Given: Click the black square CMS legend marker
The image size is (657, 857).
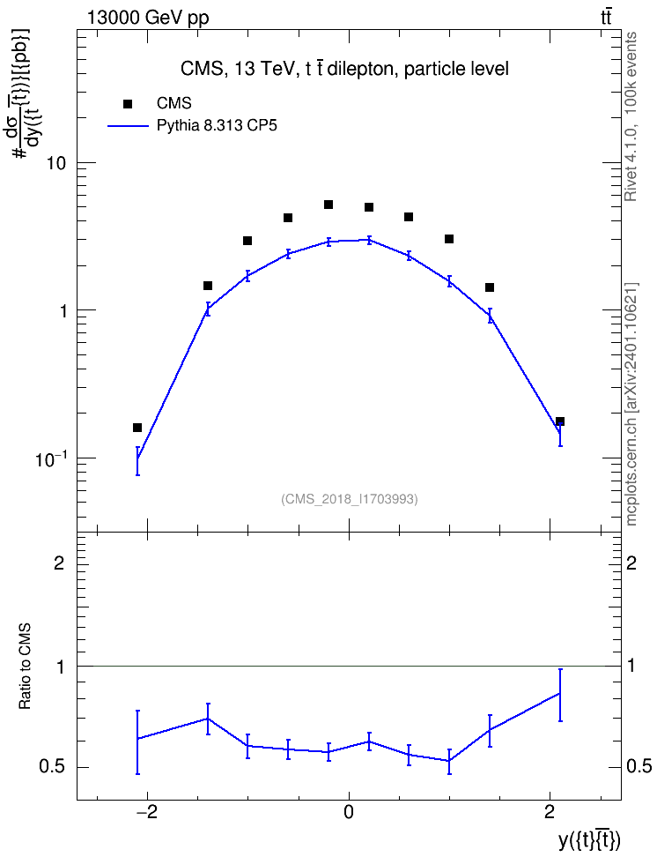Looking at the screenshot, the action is (x=128, y=104).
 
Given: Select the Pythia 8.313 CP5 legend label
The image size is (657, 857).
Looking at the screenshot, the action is (x=217, y=126).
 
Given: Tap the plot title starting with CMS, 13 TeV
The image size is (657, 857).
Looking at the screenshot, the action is (x=344, y=69).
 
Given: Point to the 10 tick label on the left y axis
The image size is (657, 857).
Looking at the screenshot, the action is (x=55, y=163).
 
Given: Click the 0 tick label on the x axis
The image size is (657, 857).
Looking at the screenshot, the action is (x=349, y=812).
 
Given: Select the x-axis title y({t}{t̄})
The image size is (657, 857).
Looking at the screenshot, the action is (x=589, y=840).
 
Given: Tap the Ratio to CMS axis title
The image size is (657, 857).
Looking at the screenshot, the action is (x=25, y=667).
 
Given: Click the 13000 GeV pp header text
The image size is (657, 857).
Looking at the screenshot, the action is (x=148, y=18).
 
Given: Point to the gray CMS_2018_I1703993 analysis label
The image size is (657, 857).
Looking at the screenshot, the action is (x=350, y=499).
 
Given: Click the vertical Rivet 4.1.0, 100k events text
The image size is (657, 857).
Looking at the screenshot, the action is (x=631, y=117).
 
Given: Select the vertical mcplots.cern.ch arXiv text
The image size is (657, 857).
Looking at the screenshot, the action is (x=631, y=405).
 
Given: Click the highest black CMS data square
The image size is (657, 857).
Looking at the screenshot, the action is (x=328, y=205).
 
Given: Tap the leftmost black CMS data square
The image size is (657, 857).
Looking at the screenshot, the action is (x=137, y=428).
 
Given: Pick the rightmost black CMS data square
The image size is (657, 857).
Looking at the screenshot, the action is (x=560, y=421).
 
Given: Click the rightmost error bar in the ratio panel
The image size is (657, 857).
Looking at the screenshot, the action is (x=560, y=695).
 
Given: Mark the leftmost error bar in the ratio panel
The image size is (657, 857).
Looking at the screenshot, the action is (x=137, y=742).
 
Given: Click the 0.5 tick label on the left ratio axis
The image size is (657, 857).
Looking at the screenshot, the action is (x=52, y=767).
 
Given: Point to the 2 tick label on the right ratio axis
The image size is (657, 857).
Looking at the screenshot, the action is (x=631, y=563).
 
